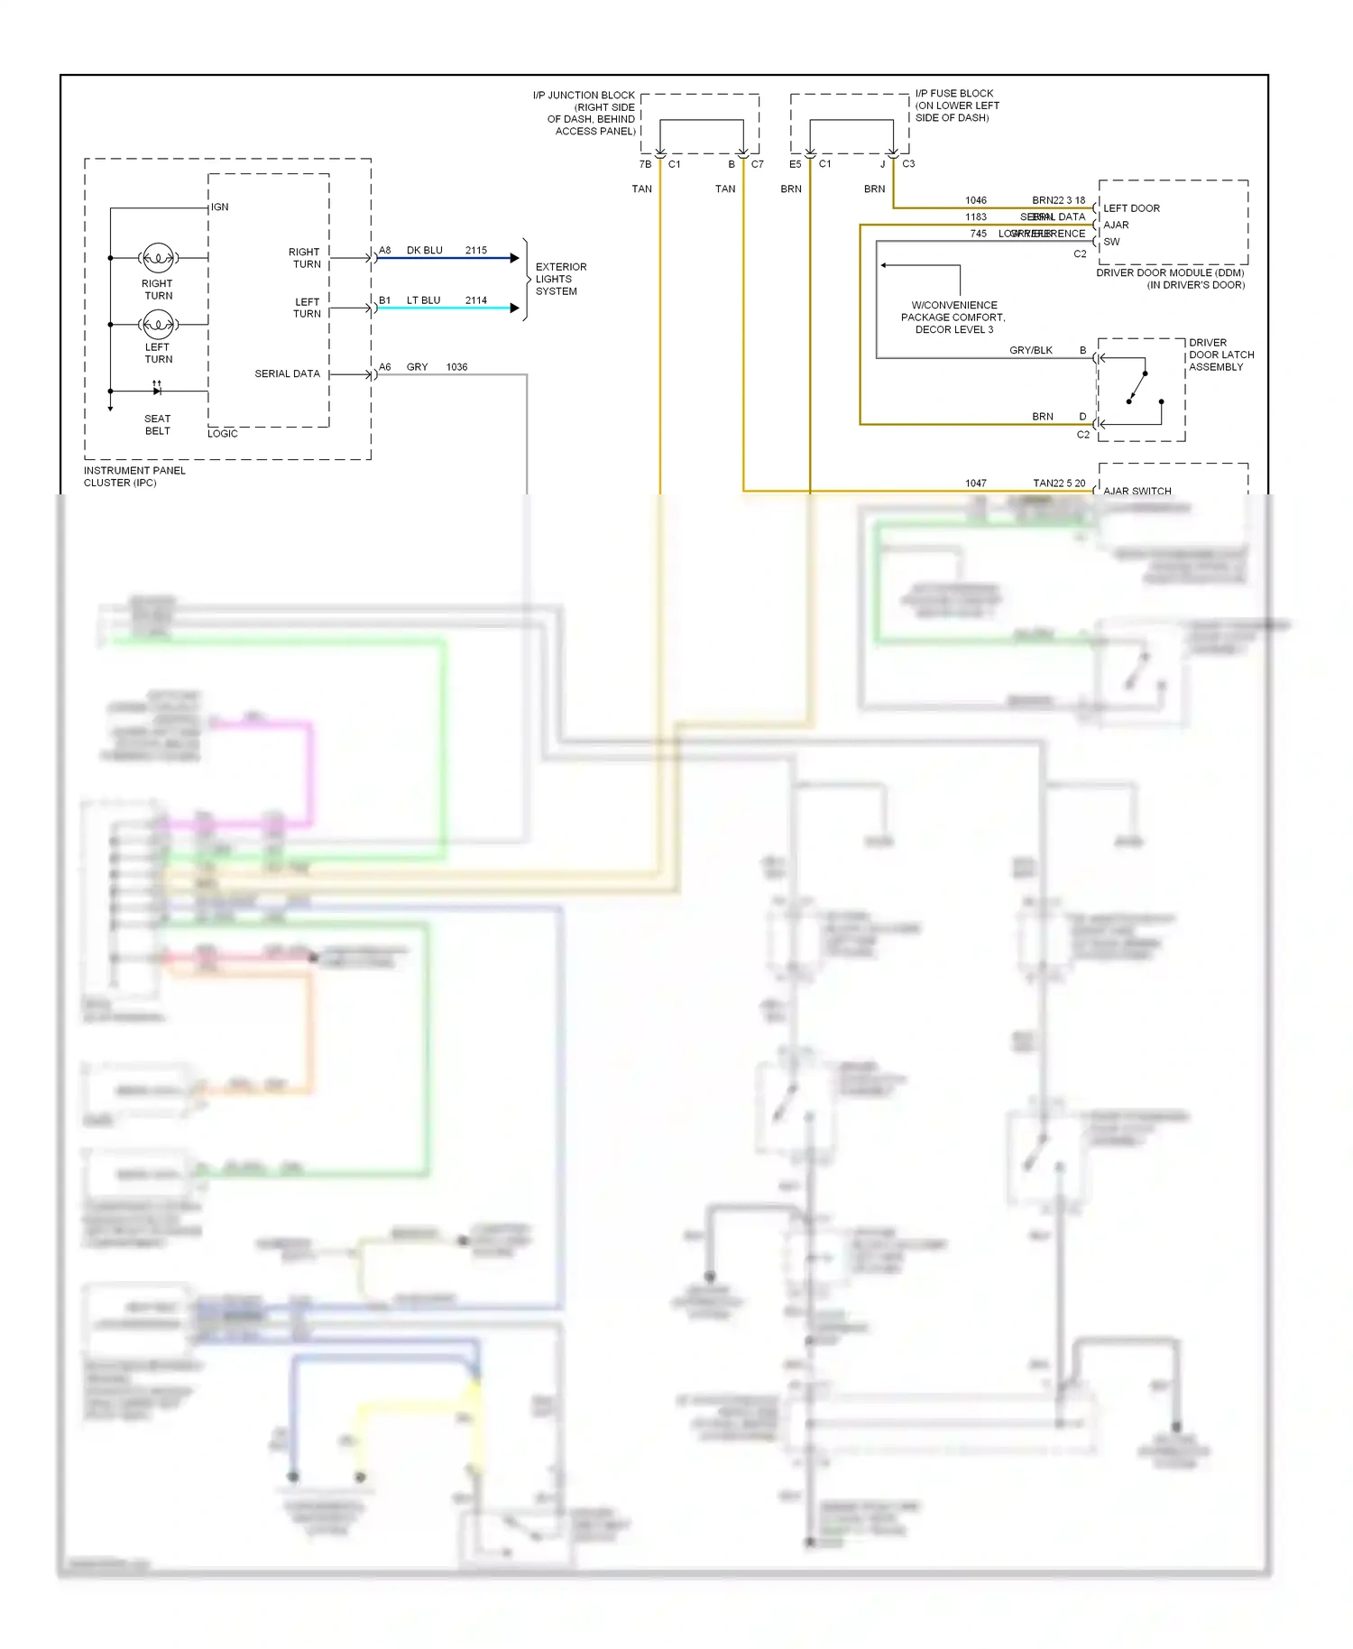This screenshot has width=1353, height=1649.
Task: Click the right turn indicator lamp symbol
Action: click(x=159, y=258)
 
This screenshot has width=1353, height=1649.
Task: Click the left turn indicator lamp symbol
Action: click(x=159, y=324)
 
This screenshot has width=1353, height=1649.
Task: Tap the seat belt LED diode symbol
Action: click(x=157, y=391)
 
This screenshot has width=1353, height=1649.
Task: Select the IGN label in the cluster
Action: click(x=220, y=207)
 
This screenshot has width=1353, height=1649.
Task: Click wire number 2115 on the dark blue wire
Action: click(x=476, y=251)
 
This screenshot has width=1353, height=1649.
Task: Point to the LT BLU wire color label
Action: click(x=423, y=300)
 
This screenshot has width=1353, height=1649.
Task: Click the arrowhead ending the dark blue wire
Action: click(x=515, y=258)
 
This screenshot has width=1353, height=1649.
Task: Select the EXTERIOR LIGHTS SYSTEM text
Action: click(x=560, y=279)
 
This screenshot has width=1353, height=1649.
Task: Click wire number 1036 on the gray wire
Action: click(x=456, y=367)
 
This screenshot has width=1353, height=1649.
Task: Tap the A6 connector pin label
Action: click(x=385, y=367)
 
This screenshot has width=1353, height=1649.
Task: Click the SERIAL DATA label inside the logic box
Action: click(x=287, y=373)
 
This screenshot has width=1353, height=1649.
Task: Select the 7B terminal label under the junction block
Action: click(x=645, y=164)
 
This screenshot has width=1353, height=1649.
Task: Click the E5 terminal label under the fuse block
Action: click(x=795, y=164)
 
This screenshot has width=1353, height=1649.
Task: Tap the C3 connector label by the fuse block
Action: click(x=908, y=164)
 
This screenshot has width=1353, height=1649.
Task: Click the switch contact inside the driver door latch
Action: click(x=1137, y=388)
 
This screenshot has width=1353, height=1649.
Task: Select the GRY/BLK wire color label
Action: click(x=1031, y=350)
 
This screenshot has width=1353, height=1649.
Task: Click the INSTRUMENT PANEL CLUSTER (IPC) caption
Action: click(x=134, y=476)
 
